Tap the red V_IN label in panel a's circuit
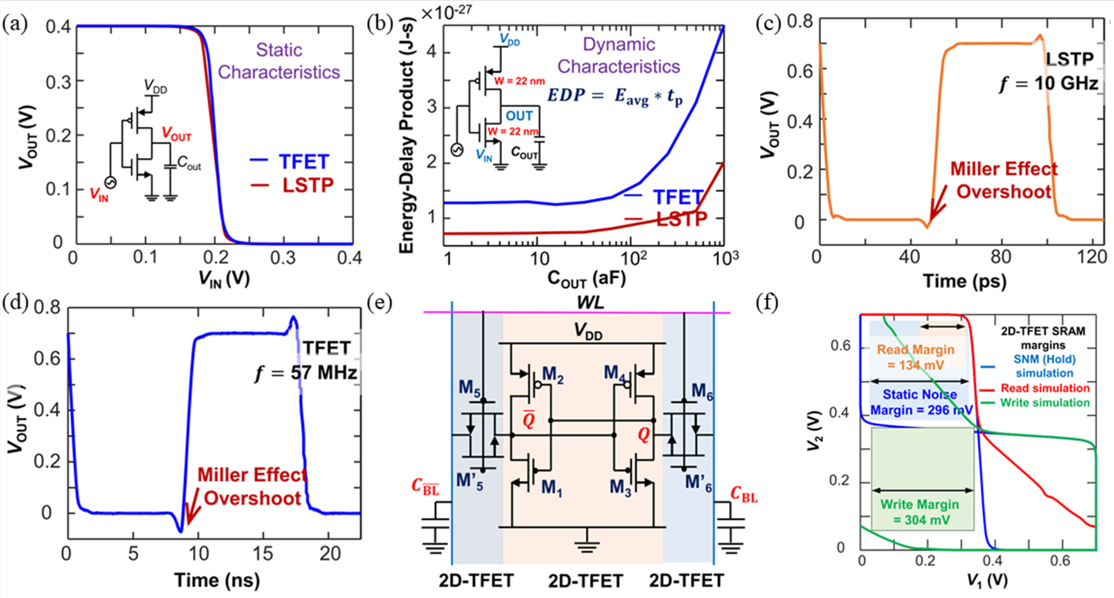click(99, 194)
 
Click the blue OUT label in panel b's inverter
click(519, 116)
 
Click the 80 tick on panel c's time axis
click(1000, 257)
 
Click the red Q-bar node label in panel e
click(529, 419)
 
